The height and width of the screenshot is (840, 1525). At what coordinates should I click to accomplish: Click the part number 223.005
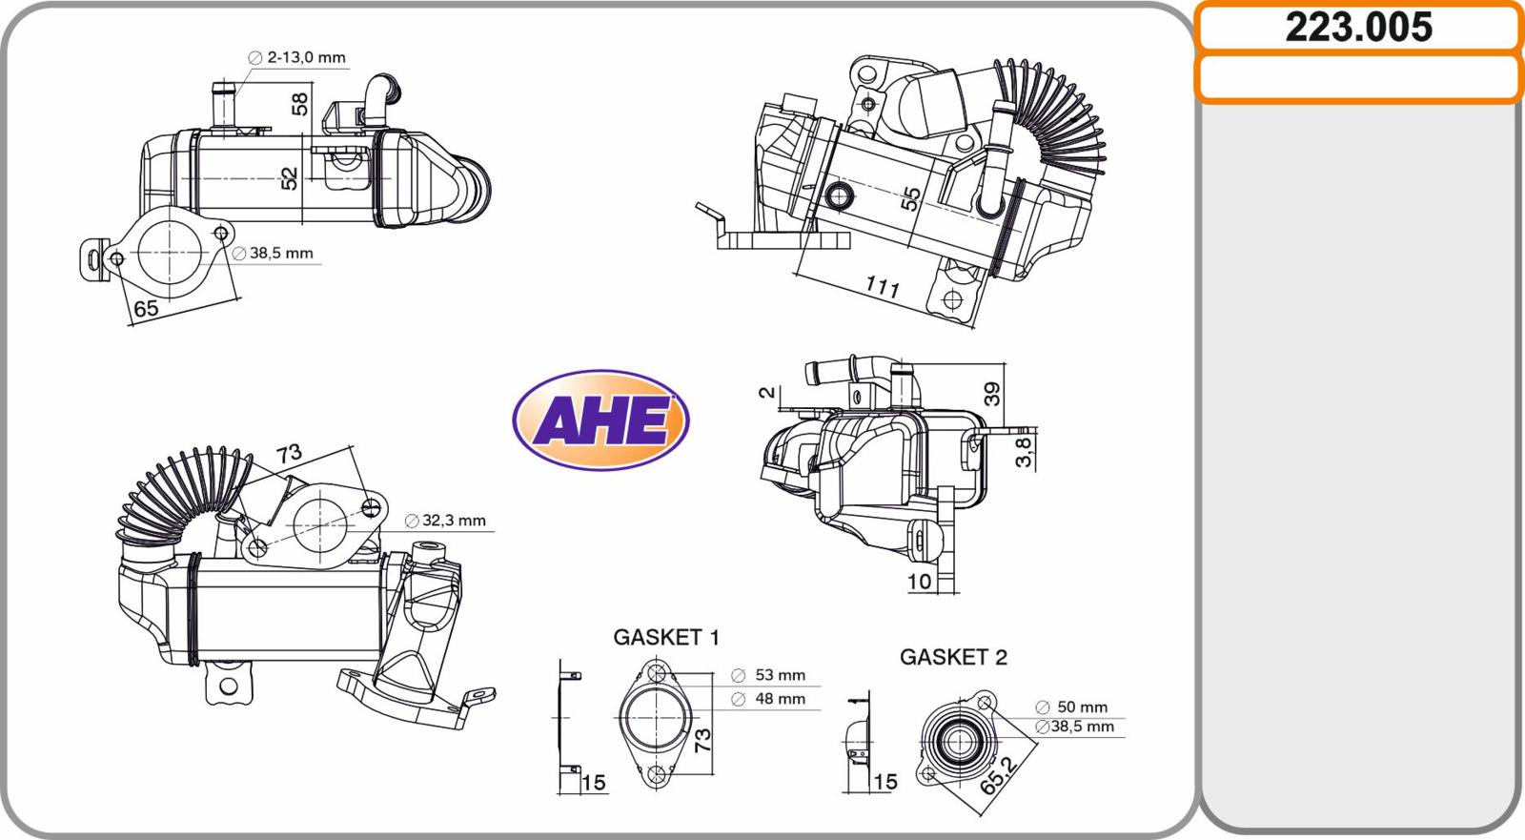point(1358,28)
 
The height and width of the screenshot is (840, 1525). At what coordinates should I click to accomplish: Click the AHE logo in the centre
point(600,420)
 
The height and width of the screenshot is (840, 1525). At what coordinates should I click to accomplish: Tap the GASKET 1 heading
point(666,638)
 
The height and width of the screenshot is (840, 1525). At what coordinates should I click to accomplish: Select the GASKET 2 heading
point(953,658)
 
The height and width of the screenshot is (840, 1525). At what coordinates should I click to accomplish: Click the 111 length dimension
point(883,287)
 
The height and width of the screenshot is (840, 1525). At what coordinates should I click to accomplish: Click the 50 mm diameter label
point(1071,707)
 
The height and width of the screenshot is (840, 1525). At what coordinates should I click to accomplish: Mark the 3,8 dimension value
point(1024,451)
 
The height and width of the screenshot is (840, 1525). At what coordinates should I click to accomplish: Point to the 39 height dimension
point(992,394)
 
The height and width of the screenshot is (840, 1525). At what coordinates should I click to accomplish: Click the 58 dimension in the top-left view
point(299,104)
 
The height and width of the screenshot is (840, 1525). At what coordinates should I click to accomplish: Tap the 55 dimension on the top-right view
point(910,199)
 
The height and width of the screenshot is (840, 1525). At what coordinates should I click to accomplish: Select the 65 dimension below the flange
point(147,309)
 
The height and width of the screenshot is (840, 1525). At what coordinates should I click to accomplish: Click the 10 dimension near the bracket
point(919,582)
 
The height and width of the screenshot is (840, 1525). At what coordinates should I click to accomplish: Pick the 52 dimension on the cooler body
point(290,178)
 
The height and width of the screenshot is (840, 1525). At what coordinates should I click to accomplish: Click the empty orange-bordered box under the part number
point(1359,78)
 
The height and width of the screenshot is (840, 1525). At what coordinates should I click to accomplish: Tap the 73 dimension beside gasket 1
point(701,739)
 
